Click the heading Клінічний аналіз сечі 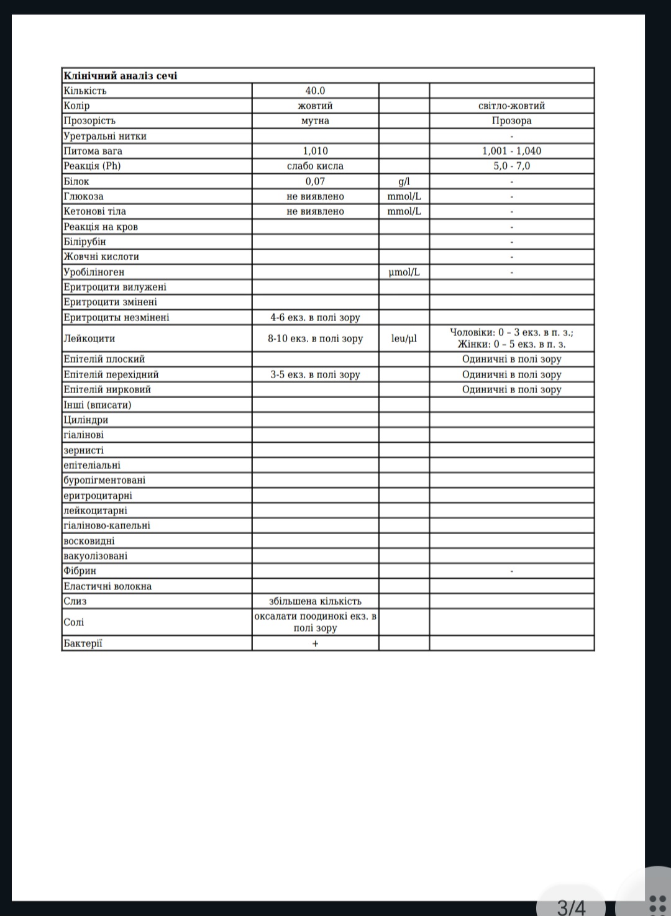point(120,76)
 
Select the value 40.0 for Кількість point(315,91)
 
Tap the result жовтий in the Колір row point(315,106)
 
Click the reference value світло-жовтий point(511,106)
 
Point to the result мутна point(315,120)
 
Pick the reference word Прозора point(511,120)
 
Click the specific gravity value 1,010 point(315,151)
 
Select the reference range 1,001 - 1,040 point(511,151)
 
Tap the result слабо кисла point(315,166)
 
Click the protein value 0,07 point(315,181)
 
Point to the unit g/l point(404,181)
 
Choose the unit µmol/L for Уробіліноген point(404,272)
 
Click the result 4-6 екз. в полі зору point(315,317)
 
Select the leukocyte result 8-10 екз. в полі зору point(315,338)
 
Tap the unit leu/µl point(404,338)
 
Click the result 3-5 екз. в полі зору point(315,374)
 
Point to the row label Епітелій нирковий point(107,389)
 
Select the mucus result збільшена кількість point(315,601)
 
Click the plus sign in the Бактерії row point(315,643)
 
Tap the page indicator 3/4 point(571,907)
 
